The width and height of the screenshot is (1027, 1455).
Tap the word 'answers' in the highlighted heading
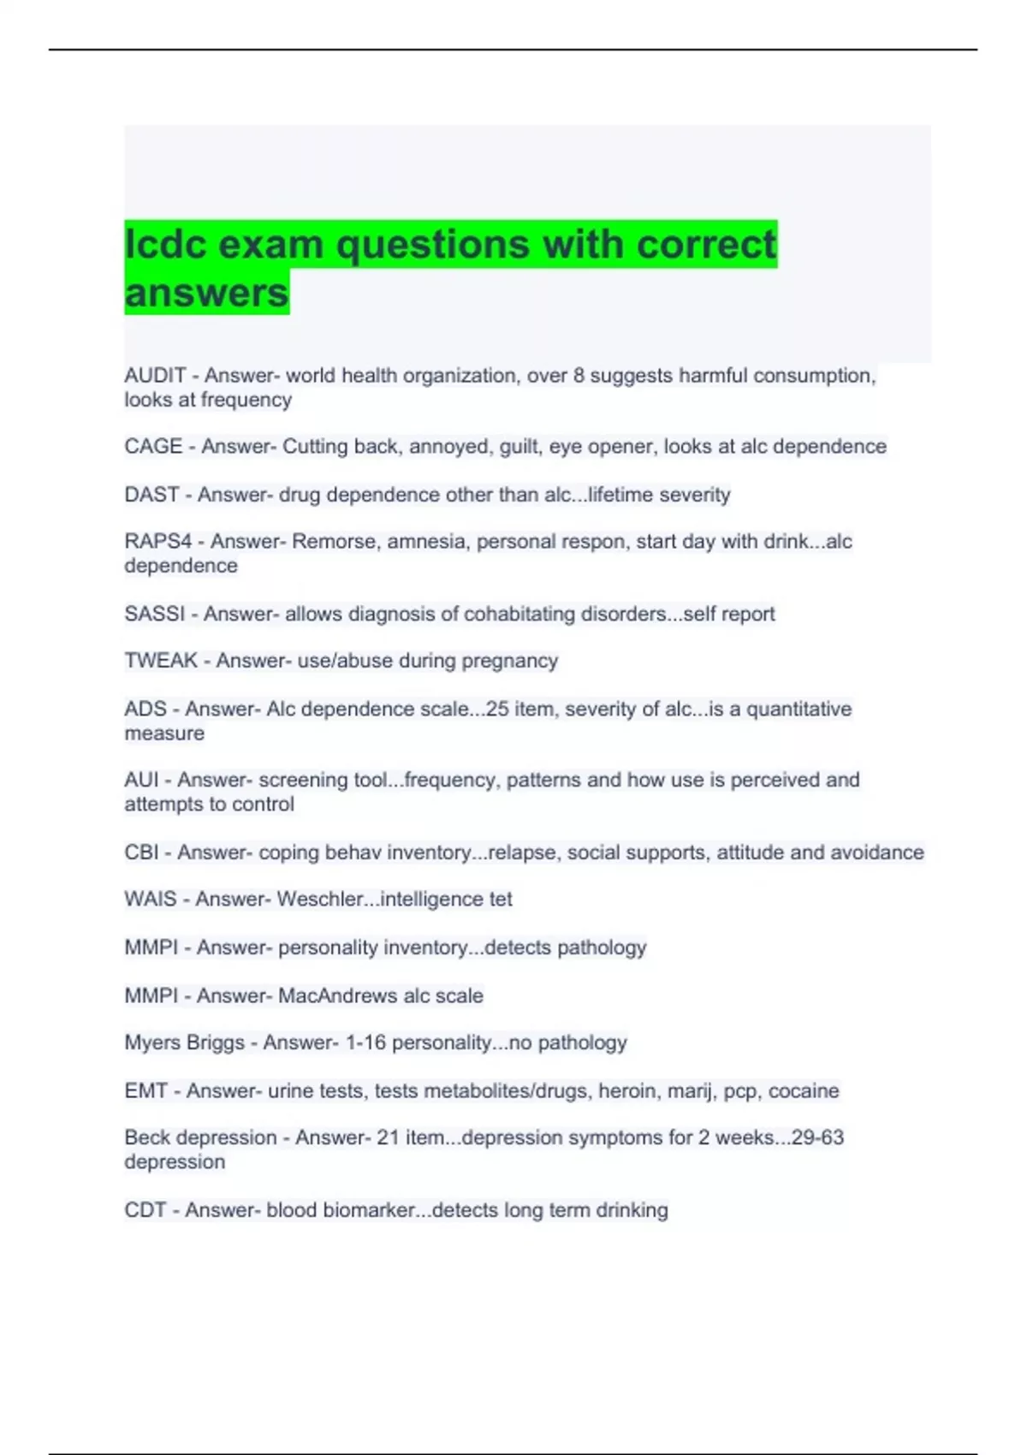coord(206,293)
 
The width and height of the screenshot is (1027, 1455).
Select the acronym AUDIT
coord(155,376)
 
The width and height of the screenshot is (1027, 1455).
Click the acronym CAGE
coord(153,447)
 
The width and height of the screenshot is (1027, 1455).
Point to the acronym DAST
coord(151,495)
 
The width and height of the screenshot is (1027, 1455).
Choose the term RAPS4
coord(158,542)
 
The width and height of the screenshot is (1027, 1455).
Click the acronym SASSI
coord(154,614)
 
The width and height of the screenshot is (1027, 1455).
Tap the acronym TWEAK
coord(161,661)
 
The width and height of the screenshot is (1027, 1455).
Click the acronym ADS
coord(145,709)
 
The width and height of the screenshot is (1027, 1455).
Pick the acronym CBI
coord(141,852)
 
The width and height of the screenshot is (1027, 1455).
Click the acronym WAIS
coord(151,900)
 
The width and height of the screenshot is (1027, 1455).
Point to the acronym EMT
coord(145,1091)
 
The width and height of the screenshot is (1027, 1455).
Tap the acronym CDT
coord(145,1210)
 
